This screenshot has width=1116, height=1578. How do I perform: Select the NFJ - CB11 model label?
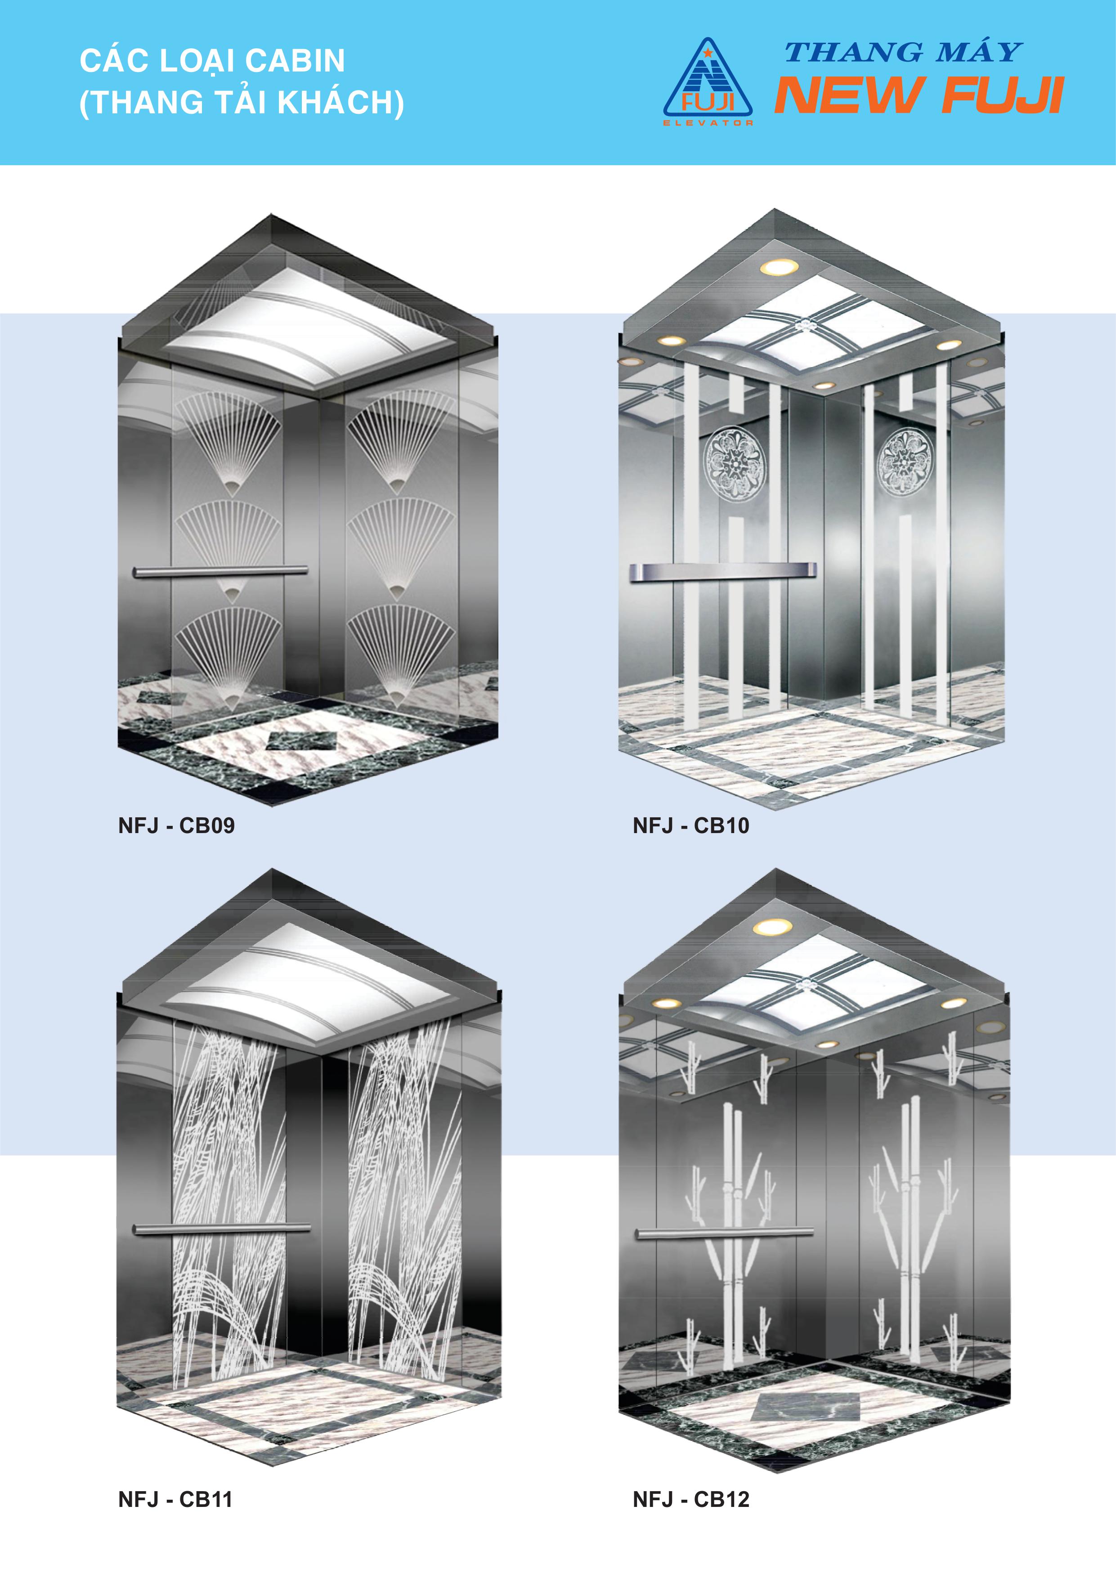pyautogui.click(x=175, y=1499)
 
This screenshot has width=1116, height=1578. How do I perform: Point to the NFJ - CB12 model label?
pyautogui.click(x=690, y=1499)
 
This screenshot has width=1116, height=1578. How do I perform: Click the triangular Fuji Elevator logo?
pyautogui.click(x=708, y=82)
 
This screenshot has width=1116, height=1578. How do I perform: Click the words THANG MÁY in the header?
pyautogui.click(x=903, y=52)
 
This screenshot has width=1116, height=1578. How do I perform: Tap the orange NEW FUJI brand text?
pyautogui.click(x=919, y=95)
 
